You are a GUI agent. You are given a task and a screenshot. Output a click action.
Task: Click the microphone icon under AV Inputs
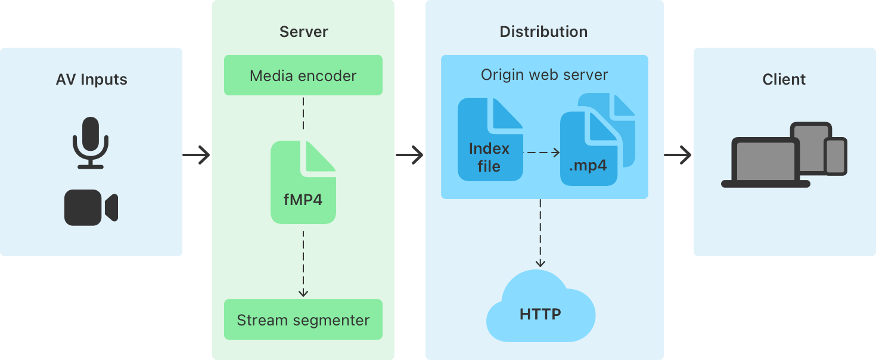91,143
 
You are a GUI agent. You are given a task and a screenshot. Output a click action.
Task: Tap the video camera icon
91,208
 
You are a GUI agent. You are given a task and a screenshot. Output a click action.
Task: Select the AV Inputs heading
91,79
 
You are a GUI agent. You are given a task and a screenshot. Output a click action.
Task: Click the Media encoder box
303,76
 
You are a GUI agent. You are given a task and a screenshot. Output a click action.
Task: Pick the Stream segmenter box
303,320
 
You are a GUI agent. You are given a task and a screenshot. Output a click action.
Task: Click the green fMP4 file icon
303,182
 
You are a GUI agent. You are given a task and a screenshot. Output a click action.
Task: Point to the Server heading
303,32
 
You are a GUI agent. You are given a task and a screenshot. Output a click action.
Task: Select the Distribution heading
543,32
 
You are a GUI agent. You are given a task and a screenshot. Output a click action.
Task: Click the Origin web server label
544,75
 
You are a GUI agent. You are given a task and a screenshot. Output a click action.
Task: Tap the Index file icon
490,140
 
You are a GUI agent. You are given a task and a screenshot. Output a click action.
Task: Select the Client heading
784,79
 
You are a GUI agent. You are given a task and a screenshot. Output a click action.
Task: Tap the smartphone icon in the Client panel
835,157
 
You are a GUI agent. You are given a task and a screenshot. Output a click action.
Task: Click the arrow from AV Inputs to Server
197,156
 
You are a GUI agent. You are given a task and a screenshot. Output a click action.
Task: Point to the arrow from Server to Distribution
409,156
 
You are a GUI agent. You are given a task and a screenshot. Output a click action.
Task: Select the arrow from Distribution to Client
678,156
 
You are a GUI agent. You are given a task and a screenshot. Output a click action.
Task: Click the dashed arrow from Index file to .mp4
542,153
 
